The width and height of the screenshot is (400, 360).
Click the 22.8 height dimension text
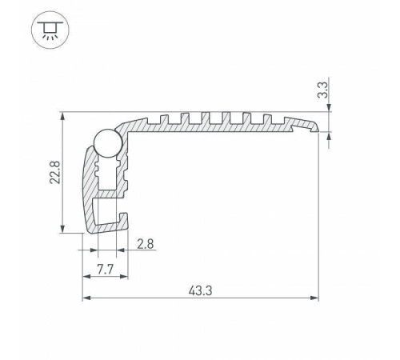click(x=53, y=173)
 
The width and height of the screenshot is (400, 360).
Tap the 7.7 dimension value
click(x=103, y=270)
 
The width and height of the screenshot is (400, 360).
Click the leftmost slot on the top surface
click(x=170, y=119)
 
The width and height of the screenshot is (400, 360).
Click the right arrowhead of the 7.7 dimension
click(x=124, y=277)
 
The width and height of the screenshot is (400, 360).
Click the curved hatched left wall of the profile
click(x=85, y=188)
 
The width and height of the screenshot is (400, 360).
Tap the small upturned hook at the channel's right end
click(x=122, y=218)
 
